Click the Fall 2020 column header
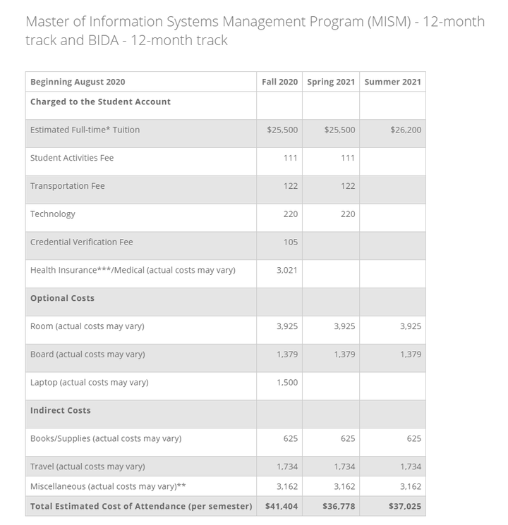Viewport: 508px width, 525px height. tap(279, 82)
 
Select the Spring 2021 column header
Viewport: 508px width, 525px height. tap(331, 82)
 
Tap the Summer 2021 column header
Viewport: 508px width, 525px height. tap(392, 82)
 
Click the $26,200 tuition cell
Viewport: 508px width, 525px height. tap(405, 130)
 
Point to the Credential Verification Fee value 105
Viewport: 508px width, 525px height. tap(290, 242)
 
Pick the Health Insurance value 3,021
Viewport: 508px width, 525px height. tap(287, 270)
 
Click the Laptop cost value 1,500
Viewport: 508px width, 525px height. tap(287, 383)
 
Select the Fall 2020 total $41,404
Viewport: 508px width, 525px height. tap(282, 506)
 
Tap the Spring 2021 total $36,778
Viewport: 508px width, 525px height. tap(339, 506)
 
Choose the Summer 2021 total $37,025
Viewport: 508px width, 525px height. tap(404, 506)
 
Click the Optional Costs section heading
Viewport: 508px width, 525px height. tap(62, 298)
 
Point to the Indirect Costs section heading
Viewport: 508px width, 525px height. tap(61, 410)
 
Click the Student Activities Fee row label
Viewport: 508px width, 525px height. tap(72, 158)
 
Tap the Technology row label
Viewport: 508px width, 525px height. tap(53, 214)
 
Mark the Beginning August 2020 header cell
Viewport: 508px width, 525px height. tap(78, 82)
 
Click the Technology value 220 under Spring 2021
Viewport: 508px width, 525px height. tap(348, 214)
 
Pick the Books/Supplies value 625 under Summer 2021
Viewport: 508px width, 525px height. tap(413, 438)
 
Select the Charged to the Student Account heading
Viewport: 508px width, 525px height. tap(100, 101)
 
